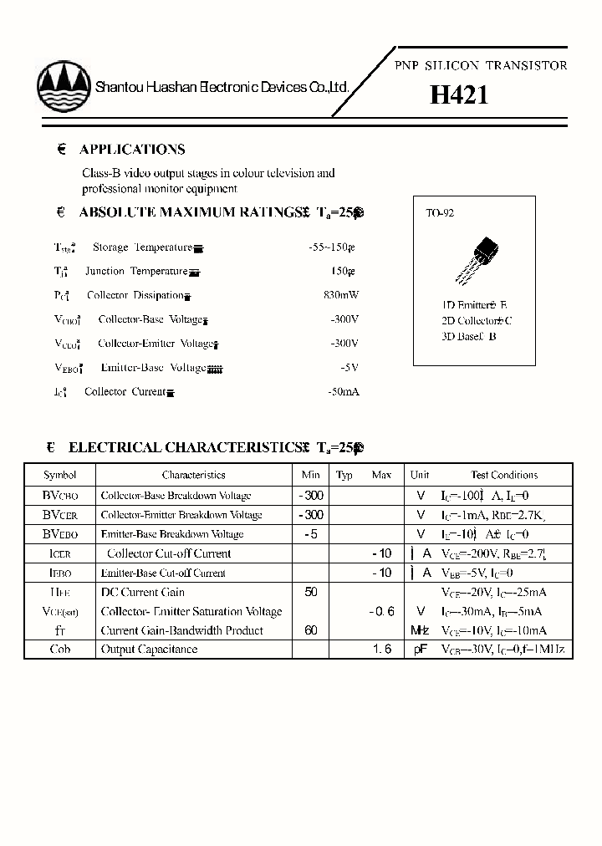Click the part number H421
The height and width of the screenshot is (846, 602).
(x=459, y=95)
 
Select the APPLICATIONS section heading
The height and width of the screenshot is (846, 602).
(x=132, y=150)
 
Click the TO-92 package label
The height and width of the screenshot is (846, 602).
(x=440, y=214)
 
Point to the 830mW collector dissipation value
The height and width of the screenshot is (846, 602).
(x=340, y=295)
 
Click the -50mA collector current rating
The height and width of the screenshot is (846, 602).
(x=343, y=391)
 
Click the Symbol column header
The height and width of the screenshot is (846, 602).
(x=59, y=475)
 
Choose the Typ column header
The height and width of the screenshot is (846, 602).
(x=344, y=475)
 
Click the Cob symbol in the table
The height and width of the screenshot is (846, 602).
(x=59, y=650)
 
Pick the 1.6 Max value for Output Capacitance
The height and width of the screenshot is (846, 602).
(x=381, y=650)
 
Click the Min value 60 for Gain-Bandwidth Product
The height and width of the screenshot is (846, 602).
(x=311, y=630)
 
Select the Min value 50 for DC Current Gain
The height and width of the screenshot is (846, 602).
(x=311, y=592)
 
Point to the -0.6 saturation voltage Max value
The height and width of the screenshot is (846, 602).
(x=380, y=611)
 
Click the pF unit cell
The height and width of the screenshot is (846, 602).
(x=420, y=650)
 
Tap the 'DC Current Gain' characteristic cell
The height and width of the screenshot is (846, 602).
(x=142, y=592)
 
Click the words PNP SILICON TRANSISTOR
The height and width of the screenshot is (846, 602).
(x=480, y=65)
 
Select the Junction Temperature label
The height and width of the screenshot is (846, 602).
(x=135, y=272)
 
